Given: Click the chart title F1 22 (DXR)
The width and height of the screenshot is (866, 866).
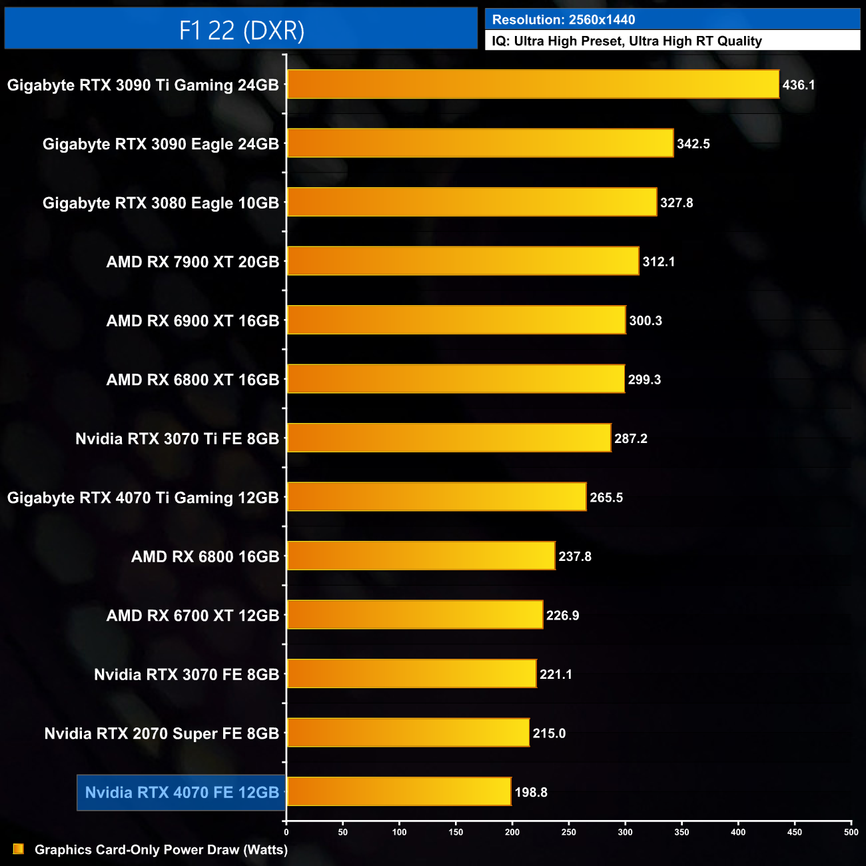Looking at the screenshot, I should (241, 31).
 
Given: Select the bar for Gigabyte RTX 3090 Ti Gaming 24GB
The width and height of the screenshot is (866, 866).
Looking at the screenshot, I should (533, 85).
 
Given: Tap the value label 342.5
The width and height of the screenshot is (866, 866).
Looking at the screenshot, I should (693, 144).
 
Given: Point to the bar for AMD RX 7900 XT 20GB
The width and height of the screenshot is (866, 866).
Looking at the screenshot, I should (463, 261).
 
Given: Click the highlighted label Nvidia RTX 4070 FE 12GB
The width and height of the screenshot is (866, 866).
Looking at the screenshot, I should (182, 793).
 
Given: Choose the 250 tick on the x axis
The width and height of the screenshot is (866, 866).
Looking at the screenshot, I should (569, 832).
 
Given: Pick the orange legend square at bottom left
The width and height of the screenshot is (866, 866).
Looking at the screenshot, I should (19, 849).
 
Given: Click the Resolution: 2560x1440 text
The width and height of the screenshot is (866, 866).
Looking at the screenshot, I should (564, 20).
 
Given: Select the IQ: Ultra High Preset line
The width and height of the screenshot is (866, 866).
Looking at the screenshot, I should (627, 41).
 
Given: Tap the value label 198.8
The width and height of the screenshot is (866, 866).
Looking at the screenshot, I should (531, 793).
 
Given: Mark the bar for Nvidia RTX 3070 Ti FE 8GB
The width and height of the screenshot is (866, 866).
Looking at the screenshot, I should (449, 438).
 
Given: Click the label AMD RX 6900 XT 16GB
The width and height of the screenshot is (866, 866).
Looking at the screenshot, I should (193, 321).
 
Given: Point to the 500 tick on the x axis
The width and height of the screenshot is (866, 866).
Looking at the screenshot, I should (851, 832).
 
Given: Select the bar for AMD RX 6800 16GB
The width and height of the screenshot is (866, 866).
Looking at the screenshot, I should (421, 556).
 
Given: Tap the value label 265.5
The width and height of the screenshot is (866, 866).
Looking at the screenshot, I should (606, 498).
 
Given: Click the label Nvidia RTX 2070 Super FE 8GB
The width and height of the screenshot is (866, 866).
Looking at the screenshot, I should (161, 734).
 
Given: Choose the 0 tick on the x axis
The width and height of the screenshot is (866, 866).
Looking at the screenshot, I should (286, 832).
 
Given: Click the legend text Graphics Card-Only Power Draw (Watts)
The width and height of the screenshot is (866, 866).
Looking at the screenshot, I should (161, 850).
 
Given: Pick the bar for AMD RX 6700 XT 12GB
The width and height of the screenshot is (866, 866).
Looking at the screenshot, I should (415, 614).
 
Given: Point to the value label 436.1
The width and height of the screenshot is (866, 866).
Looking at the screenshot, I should (799, 85).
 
